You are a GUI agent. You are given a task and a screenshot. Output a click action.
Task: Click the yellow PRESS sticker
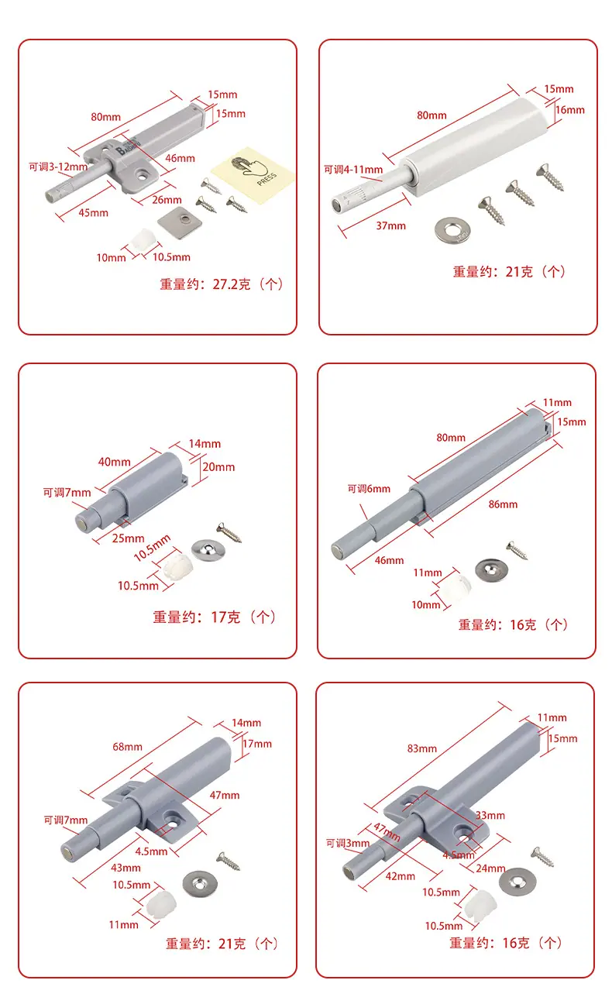point(253,175)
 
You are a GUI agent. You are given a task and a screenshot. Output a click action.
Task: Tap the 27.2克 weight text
point(232,284)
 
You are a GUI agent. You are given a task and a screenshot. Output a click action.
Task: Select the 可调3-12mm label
point(58,167)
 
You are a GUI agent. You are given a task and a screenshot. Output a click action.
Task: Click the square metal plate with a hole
point(180,223)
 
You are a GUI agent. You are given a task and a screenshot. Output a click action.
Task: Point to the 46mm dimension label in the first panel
point(181,158)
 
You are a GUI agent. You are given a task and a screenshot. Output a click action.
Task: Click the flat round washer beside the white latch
point(452,230)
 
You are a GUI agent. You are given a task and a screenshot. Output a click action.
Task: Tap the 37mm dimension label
point(390,226)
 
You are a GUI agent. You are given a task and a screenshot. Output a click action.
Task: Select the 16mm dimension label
point(570,110)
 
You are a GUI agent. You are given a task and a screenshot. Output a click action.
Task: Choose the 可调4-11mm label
point(353,170)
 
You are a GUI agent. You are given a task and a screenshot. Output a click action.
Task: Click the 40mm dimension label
point(115,462)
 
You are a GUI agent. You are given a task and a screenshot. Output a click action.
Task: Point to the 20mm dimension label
point(218,467)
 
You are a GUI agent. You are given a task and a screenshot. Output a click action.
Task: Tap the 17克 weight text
point(225,617)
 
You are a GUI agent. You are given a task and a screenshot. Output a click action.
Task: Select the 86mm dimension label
point(504,504)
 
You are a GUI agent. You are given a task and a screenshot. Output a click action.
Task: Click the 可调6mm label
point(370,489)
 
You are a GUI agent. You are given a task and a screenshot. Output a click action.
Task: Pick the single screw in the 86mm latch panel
point(517,551)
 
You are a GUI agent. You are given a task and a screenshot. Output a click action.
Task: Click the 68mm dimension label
point(127,747)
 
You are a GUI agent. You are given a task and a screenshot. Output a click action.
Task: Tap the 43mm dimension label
point(126,868)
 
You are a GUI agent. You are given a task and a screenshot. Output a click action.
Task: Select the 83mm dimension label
point(422,748)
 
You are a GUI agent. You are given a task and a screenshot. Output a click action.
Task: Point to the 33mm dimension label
point(490,816)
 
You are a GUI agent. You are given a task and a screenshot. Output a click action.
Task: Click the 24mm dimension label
point(490,868)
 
